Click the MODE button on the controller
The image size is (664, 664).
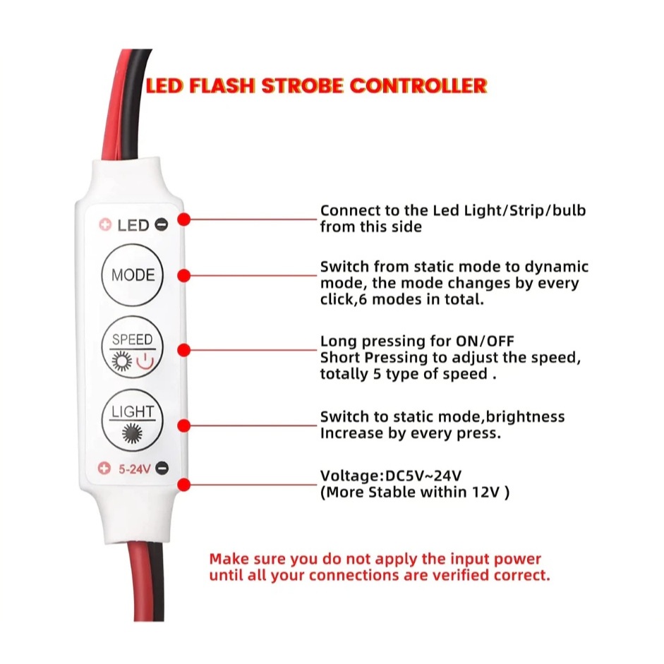pos(133,274)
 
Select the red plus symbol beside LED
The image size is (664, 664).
pos(105,226)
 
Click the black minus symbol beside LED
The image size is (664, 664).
pos(162,226)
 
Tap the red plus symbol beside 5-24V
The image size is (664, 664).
pos(104,467)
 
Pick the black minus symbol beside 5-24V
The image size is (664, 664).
pos(162,467)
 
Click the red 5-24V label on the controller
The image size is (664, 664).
pos(133,467)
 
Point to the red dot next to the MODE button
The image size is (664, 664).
pos(184,275)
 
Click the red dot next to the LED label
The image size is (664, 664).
pos(184,219)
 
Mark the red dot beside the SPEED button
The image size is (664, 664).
pos(184,350)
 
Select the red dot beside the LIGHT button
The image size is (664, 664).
pos(184,425)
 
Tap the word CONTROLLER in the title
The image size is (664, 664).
pos(418,86)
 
